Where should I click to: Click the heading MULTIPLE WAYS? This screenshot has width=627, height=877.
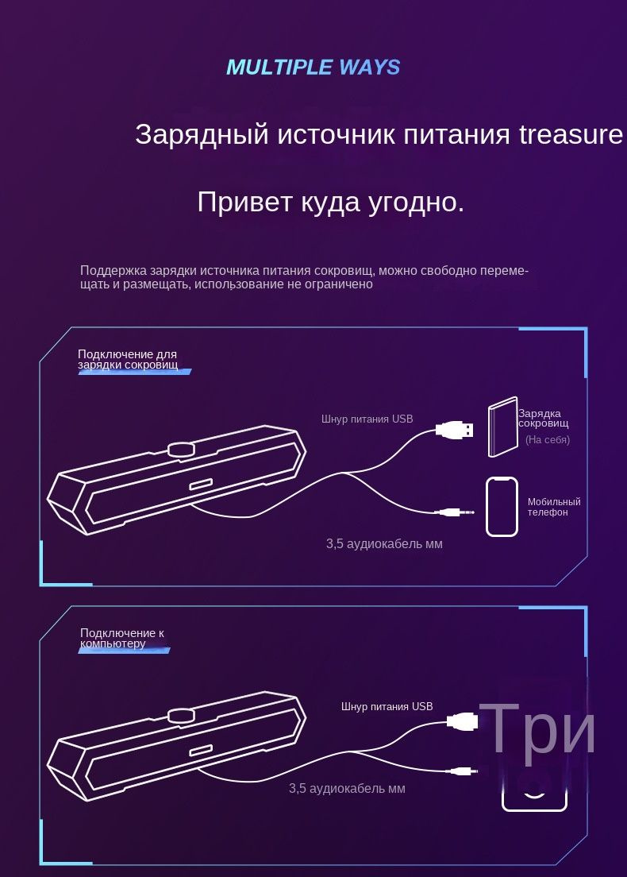[x=313, y=67]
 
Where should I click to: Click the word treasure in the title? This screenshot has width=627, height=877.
[x=571, y=134]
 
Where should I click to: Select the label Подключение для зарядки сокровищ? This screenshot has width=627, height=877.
[x=128, y=360]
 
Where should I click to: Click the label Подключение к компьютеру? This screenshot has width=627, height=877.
[x=121, y=638]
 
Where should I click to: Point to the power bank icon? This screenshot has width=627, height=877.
[x=503, y=427]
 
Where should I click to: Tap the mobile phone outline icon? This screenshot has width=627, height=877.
[x=502, y=507]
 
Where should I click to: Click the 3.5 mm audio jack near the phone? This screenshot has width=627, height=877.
[x=456, y=512]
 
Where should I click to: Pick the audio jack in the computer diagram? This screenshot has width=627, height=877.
[x=463, y=771]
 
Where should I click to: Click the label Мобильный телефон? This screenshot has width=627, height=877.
[x=554, y=507]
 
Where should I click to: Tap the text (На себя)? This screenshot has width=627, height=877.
[x=548, y=439]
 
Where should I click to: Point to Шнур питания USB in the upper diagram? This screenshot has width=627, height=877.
[x=367, y=419]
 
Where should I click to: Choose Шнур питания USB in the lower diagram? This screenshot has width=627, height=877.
[x=387, y=706]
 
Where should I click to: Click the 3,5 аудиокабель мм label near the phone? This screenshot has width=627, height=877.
[x=384, y=543]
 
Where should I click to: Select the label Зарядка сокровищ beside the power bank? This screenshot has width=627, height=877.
[x=543, y=419]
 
